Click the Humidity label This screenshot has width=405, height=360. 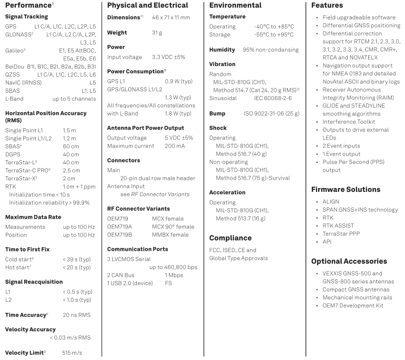pyautogui.click(x=222, y=50)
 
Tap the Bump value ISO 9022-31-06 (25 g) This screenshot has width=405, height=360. pyautogui.click(x=271, y=113)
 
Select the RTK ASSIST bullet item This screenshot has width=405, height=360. pyautogui.click(x=338, y=225)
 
